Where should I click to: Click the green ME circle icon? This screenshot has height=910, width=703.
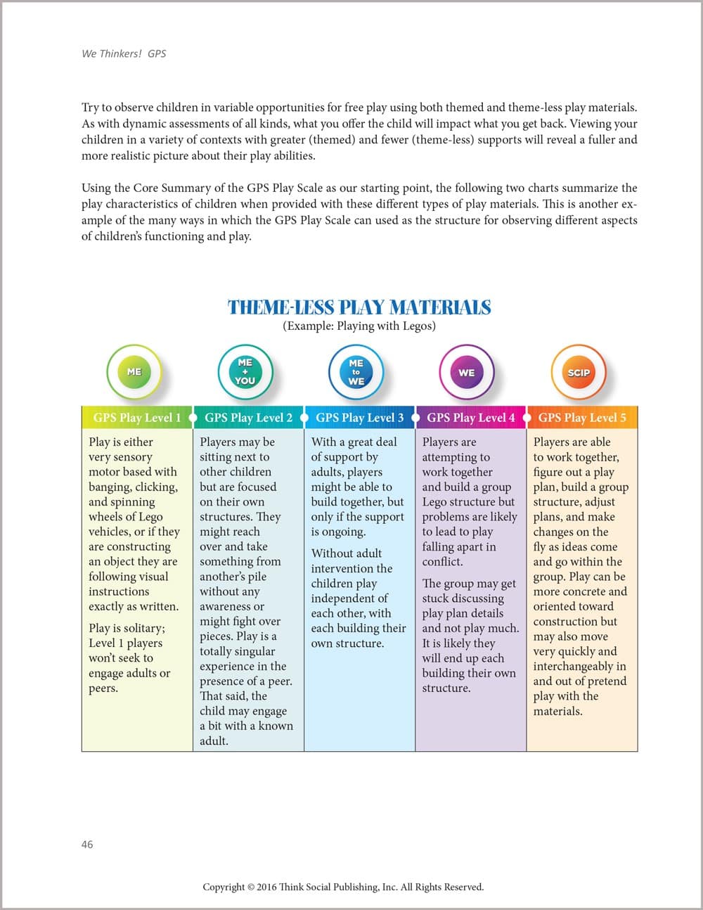point(134,372)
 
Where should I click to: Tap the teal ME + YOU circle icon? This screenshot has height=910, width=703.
point(245,372)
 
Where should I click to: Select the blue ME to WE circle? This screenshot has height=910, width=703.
point(356,372)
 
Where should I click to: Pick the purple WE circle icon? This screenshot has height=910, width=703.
point(467,372)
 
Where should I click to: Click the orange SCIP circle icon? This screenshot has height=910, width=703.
point(579,372)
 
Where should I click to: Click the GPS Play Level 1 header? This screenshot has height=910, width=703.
point(137,418)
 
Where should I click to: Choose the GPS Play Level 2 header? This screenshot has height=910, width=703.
point(248,418)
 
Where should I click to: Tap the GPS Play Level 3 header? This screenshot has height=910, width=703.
point(359,418)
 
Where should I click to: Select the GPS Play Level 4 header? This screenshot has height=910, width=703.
point(471,418)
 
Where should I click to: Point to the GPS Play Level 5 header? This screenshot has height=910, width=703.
point(582,418)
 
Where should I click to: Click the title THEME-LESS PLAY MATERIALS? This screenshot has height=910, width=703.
point(359,307)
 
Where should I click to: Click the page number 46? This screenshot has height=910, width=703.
point(87,845)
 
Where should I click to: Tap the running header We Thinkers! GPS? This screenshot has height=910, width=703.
point(124,53)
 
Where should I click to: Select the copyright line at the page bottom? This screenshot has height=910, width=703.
point(343,887)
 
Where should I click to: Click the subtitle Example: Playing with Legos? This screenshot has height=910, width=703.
point(359,326)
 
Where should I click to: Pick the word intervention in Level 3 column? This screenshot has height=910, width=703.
point(342,568)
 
